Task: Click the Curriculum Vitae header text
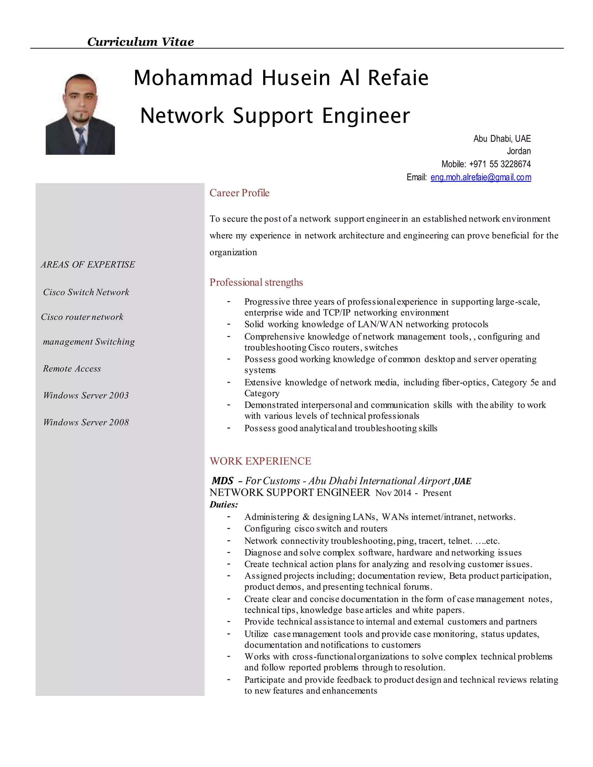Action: tap(140, 42)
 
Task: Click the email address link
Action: tap(481, 177)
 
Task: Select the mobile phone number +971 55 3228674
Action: tap(499, 164)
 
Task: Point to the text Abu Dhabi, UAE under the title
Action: tap(502, 139)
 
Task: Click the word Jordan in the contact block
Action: tap(519, 151)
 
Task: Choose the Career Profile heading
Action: tap(239, 193)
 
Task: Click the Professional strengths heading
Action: tap(256, 282)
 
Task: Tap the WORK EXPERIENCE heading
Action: tap(260, 461)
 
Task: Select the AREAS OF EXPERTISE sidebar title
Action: tap(88, 265)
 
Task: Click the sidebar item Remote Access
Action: tap(72, 368)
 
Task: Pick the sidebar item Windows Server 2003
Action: tap(86, 395)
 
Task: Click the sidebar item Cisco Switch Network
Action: tap(86, 292)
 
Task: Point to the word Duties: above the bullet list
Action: tap(224, 505)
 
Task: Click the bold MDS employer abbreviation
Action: tap(223, 481)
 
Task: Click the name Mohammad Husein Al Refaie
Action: tap(281, 78)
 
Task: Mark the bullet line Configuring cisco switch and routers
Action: tap(316, 529)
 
